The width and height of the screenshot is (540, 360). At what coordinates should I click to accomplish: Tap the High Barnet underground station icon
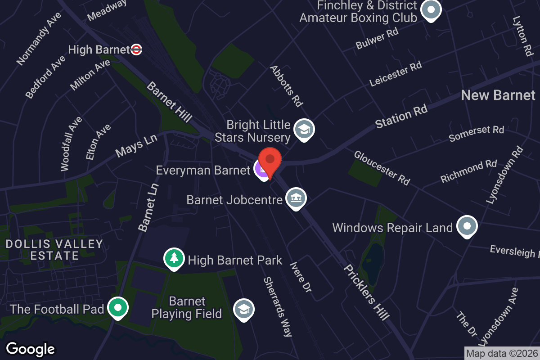(136, 49)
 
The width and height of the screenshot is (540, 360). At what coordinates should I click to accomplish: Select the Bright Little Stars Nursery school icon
(304, 130)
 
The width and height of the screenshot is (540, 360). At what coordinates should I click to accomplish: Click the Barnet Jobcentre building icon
(296, 198)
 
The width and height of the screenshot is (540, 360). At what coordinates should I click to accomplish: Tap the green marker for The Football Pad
(118, 308)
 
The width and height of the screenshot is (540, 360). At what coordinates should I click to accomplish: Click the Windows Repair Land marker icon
(467, 226)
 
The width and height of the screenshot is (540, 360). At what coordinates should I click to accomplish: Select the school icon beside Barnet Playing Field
(244, 309)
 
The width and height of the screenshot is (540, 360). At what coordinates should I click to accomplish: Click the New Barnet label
(498, 95)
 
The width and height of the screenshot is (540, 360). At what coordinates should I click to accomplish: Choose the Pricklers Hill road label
(366, 292)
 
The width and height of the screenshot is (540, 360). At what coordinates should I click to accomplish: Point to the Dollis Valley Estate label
(54, 250)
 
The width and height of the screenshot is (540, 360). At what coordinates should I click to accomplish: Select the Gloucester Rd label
(382, 168)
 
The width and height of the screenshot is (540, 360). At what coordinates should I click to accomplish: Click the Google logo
(31, 349)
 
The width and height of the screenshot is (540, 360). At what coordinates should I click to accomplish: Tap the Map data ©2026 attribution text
(502, 353)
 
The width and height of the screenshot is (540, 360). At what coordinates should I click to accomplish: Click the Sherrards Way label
(278, 306)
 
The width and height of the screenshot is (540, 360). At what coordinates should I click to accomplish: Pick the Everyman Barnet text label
(203, 171)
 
